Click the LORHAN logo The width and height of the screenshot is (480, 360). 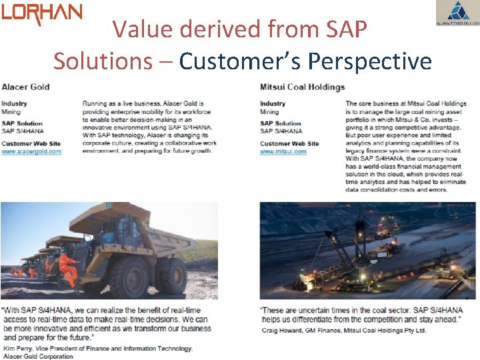tap(41, 13)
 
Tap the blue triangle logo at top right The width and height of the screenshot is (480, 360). tap(457, 12)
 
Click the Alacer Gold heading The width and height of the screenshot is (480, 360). tap(25, 87)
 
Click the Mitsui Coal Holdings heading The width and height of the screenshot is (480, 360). tap(302, 87)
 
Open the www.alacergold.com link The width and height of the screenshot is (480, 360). tap(31, 151)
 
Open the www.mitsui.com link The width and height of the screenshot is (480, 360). tap(283, 151)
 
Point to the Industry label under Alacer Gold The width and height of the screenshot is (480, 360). tap(14, 103)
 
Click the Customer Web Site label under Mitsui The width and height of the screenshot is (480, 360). tap(289, 143)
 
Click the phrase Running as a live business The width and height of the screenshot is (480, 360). tap(117, 104)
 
